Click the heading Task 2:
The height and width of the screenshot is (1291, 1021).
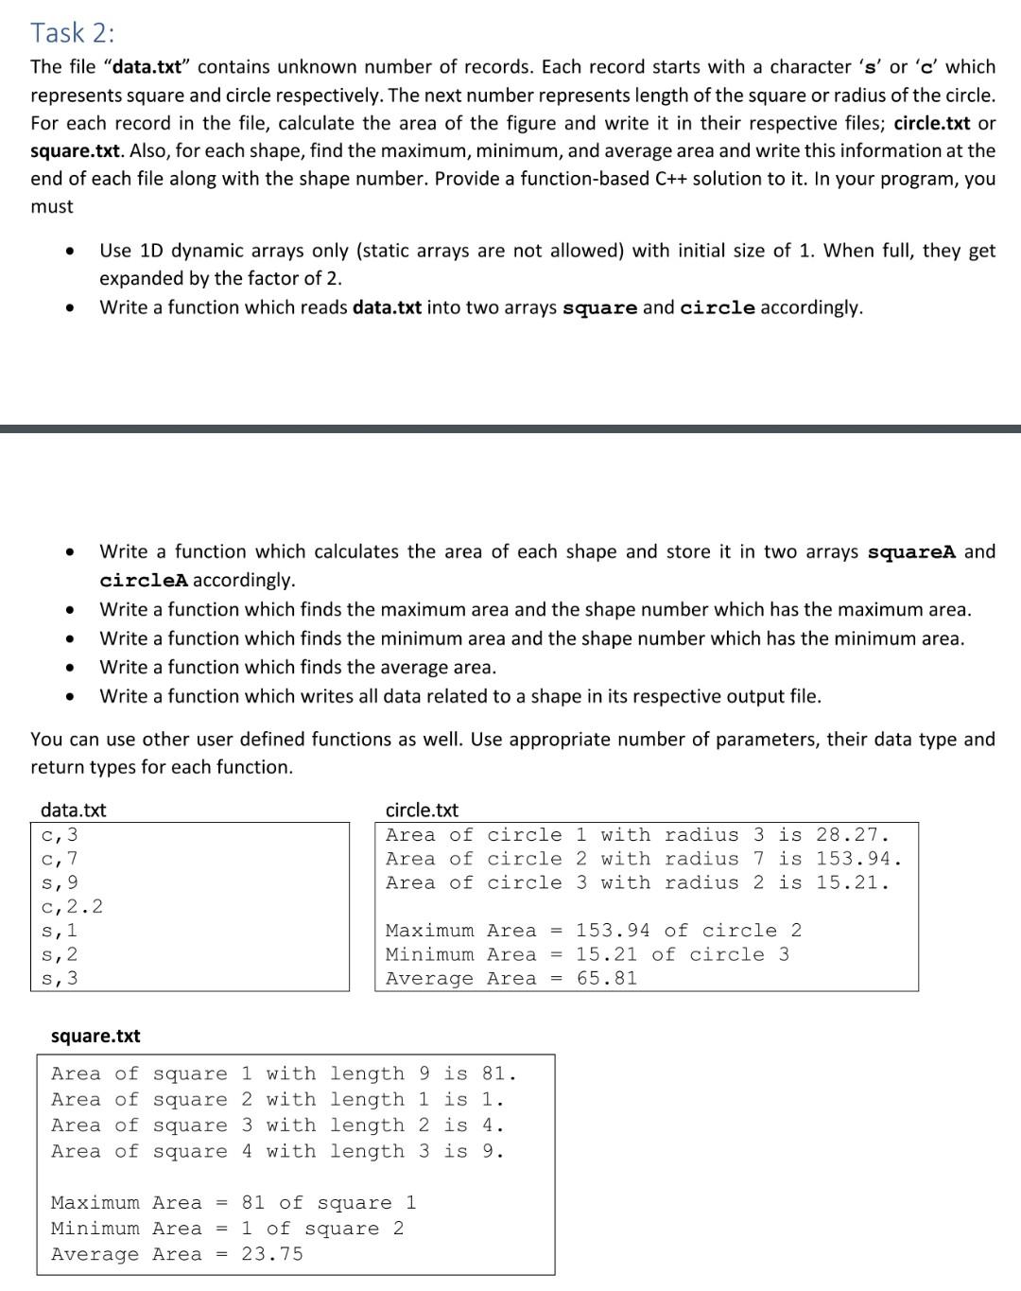click(73, 32)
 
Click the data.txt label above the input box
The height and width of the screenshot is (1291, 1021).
click(73, 810)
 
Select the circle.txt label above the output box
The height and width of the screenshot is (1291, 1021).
click(422, 810)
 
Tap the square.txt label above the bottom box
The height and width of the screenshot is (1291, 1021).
click(95, 1036)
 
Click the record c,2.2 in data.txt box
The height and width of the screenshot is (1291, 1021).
click(73, 906)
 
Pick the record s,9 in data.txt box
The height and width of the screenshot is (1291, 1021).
click(60, 882)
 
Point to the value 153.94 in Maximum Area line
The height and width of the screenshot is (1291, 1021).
click(613, 931)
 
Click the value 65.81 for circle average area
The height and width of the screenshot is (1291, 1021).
click(607, 978)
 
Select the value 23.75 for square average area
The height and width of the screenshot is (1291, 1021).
click(272, 1254)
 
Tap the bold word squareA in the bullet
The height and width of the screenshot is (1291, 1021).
click(911, 552)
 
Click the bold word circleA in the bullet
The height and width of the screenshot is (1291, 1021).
click(144, 580)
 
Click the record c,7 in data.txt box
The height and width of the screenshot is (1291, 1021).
click(60, 859)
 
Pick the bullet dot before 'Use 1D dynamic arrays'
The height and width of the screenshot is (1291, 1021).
click(69, 252)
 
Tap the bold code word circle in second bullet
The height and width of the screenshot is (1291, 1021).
click(718, 308)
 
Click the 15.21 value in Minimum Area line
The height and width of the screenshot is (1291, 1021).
click(606, 954)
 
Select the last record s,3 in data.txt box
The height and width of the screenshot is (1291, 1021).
click(60, 978)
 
